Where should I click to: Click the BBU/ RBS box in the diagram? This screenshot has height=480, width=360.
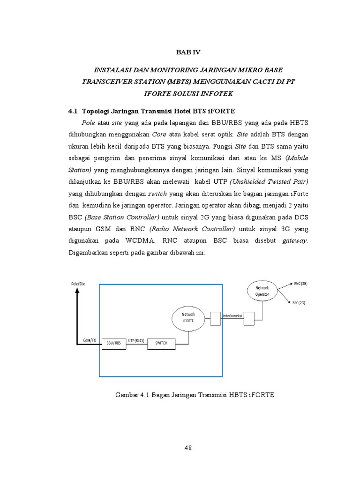pos(113,344)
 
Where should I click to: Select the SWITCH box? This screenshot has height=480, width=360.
pos(161,344)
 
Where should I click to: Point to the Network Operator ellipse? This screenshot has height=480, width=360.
pos(262,291)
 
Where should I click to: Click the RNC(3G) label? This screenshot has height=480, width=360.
pos(300,284)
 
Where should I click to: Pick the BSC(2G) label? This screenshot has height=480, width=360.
pos(299,303)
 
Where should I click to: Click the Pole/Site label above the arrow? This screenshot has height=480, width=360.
pos(78,284)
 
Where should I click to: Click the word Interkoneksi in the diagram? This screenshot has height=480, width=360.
pos(232,315)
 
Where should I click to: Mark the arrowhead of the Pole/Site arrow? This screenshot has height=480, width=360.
pos(77,290)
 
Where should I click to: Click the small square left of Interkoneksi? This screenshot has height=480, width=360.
pos(215,318)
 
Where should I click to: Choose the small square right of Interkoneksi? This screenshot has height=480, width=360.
pos(249,318)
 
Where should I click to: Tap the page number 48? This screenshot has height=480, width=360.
pos(188,448)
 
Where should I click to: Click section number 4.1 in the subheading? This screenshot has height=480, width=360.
pos(73,111)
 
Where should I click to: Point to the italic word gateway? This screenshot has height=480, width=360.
pos(295,241)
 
